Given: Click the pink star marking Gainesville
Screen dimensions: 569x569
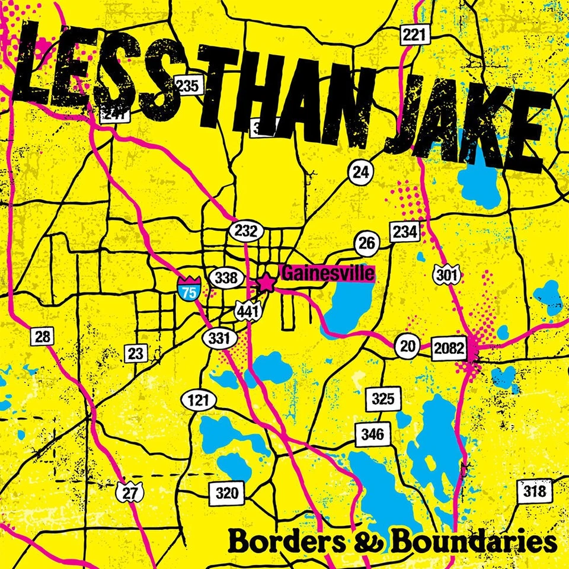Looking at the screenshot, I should (x=267, y=283).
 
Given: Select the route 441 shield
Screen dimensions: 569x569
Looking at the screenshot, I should (x=246, y=309).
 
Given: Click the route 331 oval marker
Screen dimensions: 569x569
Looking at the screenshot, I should (x=220, y=338).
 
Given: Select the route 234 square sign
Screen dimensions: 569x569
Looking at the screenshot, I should (x=405, y=232).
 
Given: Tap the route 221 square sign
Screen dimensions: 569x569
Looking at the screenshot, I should (x=413, y=35).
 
